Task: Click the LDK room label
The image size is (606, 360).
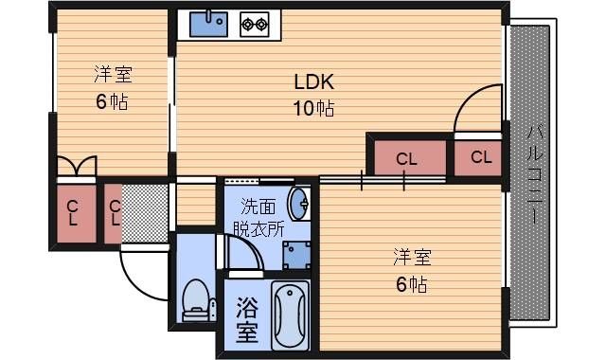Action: pyautogui.click(x=312, y=81)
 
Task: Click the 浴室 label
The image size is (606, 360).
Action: pyautogui.click(x=247, y=319)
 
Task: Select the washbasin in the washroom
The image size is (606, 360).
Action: pyautogui.click(x=300, y=203)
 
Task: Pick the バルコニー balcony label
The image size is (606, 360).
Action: pyautogui.click(x=531, y=171)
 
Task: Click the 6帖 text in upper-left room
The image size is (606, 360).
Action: pyautogui.click(x=111, y=102)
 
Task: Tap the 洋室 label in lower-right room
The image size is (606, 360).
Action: pyautogui.click(x=413, y=257)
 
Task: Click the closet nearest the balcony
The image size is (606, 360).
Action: pyautogui.click(x=480, y=157)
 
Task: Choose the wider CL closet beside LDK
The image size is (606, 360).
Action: pyautogui.click(x=406, y=158)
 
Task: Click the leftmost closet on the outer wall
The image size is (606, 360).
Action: pyautogui.click(x=73, y=212)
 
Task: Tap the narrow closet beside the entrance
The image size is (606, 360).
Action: pyautogui.click(x=114, y=212)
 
